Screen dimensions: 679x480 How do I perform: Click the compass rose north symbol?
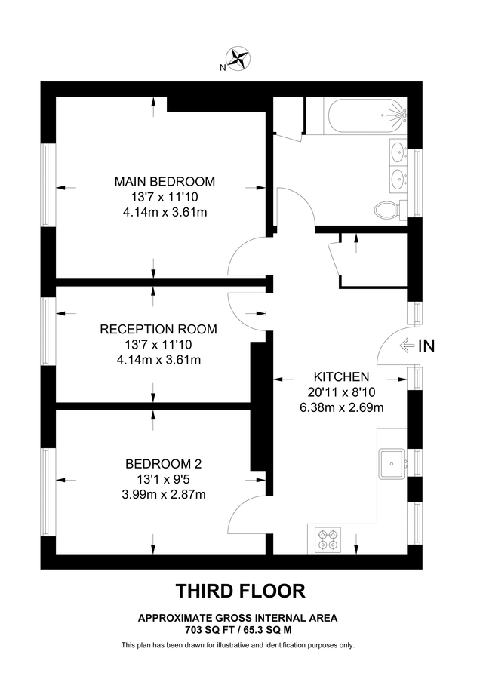[x=240, y=58]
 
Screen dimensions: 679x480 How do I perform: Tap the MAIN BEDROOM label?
[x=165, y=182]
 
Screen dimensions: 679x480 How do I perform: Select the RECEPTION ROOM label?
[x=158, y=329]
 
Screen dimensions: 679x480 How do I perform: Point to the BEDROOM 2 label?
[x=164, y=464]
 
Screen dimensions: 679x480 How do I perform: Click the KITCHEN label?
[x=341, y=376]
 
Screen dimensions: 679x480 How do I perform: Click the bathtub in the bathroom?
[x=368, y=116]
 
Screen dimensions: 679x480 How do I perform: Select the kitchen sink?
[x=392, y=461]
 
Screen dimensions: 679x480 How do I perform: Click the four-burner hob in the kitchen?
[x=329, y=538]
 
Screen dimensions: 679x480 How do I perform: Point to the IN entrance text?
[x=426, y=346]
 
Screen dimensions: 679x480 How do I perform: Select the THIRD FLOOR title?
[x=240, y=589]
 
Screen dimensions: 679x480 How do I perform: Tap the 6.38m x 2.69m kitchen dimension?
[x=341, y=408]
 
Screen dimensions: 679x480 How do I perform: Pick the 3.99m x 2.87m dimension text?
[x=164, y=495]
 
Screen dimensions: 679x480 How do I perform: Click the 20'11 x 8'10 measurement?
[x=341, y=392]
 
